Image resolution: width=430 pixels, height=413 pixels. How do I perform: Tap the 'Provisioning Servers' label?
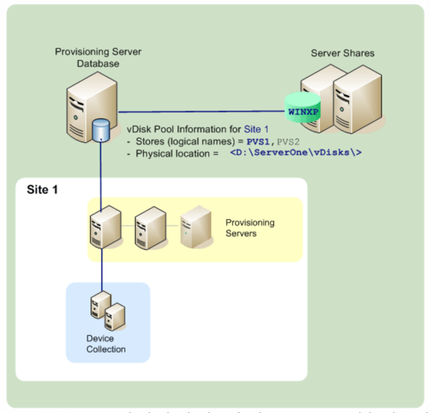point(249,228)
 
